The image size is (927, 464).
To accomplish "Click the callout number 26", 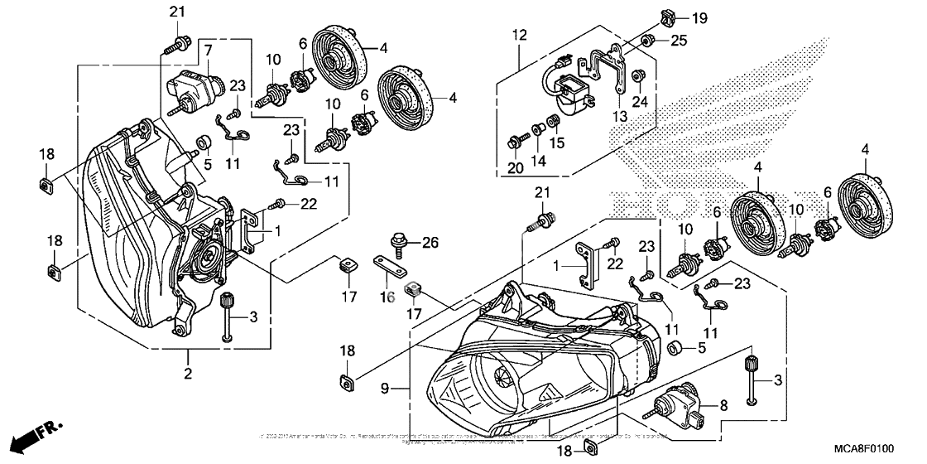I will coord(429,243).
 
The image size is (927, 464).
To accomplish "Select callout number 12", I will coord(519,35).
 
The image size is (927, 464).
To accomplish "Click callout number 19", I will coord(700,17).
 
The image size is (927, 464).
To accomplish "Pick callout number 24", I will coord(638,102).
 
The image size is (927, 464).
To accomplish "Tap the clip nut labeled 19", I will coord(665,17).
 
